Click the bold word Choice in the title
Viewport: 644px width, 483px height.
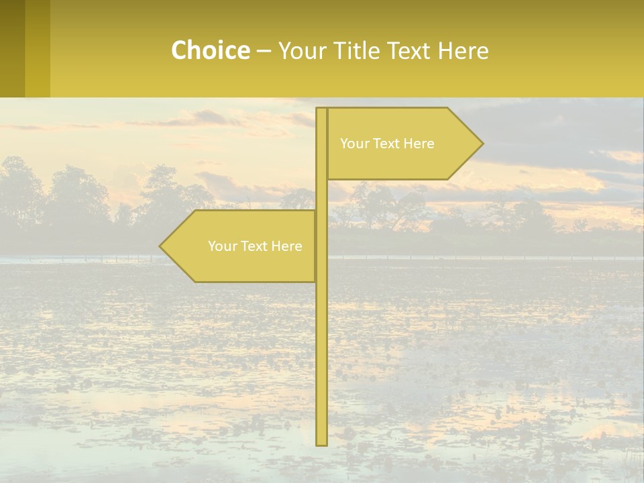pos(210,51)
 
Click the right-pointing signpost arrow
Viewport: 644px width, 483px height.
pos(402,144)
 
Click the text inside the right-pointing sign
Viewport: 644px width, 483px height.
pos(387,144)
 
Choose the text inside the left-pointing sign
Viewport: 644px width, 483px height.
pos(255,246)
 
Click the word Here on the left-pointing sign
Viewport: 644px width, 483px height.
pos(286,246)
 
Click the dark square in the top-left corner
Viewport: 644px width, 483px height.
pos(12,48)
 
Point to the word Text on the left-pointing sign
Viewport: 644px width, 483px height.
pos(255,246)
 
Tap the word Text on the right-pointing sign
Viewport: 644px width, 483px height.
pos(387,144)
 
